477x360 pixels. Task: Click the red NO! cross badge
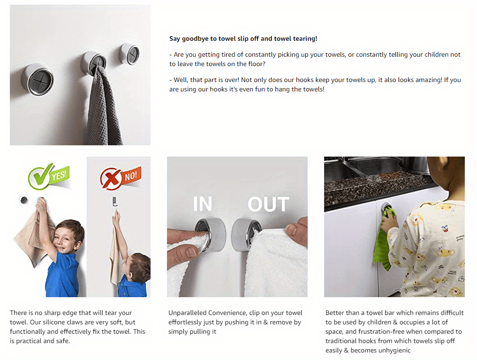pyautogui.click(x=120, y=178)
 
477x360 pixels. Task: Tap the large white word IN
pyautogui.click(x=203, y=204)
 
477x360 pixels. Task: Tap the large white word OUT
pyautogui.click(x=268, y=204)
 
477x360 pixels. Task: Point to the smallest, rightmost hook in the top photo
pyautogui.click(x=129, y=54)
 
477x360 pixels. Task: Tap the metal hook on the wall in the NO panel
pyautogui.click(x=114, y=202)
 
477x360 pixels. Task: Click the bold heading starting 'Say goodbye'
pyautogui.click(x=243, y=39)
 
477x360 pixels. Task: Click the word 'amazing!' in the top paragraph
pyautogui.click(x=427, y=80)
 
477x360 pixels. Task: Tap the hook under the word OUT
pyautogui.click(x=246, y=228)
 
